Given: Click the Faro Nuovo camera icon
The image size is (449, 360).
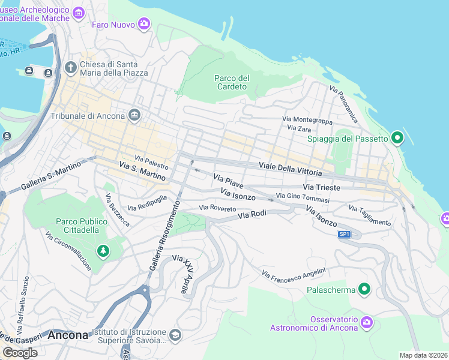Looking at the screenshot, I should coord(143,24).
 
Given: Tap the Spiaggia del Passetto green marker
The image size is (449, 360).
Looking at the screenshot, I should coord(397,139).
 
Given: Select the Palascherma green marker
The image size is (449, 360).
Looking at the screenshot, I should coord(364,290).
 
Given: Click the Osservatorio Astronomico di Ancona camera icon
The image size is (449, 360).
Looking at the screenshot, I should coord(367,323).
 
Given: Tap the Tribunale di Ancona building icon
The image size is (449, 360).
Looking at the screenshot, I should coord(134,115).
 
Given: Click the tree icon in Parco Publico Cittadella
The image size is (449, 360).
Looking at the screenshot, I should coord(103,250).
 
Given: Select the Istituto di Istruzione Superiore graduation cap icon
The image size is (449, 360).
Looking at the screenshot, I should coord(175,335).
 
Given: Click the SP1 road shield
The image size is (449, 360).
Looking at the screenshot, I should coord(344,234).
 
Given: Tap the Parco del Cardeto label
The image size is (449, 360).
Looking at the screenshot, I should coord(232,82).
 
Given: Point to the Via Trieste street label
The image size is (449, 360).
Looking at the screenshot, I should coord(325,188).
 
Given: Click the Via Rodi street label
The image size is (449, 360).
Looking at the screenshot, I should coord(252,214).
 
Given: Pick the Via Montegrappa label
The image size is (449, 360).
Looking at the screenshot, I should coord(307,120).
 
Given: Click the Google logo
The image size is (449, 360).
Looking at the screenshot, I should coord(20,353).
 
